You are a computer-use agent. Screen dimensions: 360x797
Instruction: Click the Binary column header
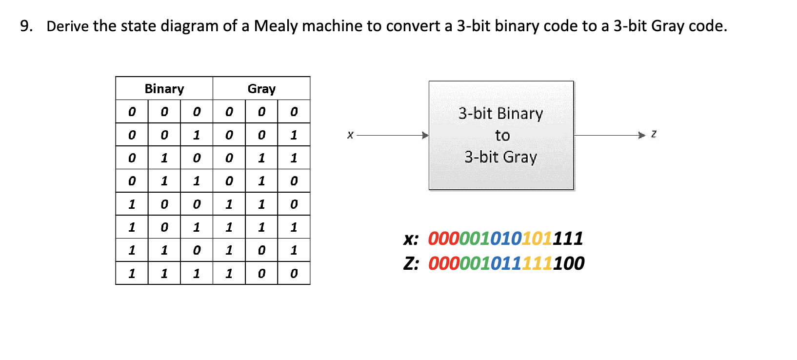click(164, 89)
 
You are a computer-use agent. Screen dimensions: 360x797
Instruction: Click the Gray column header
click(261, 89)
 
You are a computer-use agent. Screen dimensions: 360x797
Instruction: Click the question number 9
click(26, 26)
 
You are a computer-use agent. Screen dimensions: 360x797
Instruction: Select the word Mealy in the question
click(276, 26)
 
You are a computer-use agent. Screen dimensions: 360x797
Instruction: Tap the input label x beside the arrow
click(350, 135)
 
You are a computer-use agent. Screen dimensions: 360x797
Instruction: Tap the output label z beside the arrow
click(654, 134)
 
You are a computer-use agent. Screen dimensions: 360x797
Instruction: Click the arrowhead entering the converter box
click(425, 135)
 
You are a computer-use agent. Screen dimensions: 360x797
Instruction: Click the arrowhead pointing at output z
click(642, 135)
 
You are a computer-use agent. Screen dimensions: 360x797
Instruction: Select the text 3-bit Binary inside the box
click(500, 114)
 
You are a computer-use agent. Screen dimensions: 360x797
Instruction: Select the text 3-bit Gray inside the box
click(500, 157)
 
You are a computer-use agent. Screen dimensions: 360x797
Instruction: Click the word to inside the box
click(502, 136)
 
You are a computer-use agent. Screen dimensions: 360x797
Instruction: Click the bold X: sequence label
click(411, 239)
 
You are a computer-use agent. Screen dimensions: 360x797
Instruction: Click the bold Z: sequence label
click(411, 263)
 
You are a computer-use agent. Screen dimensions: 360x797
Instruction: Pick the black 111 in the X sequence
click(568, 239)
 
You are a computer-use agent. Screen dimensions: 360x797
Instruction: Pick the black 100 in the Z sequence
click(569, 263)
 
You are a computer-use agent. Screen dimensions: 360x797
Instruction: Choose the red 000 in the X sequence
click(443, 239)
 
